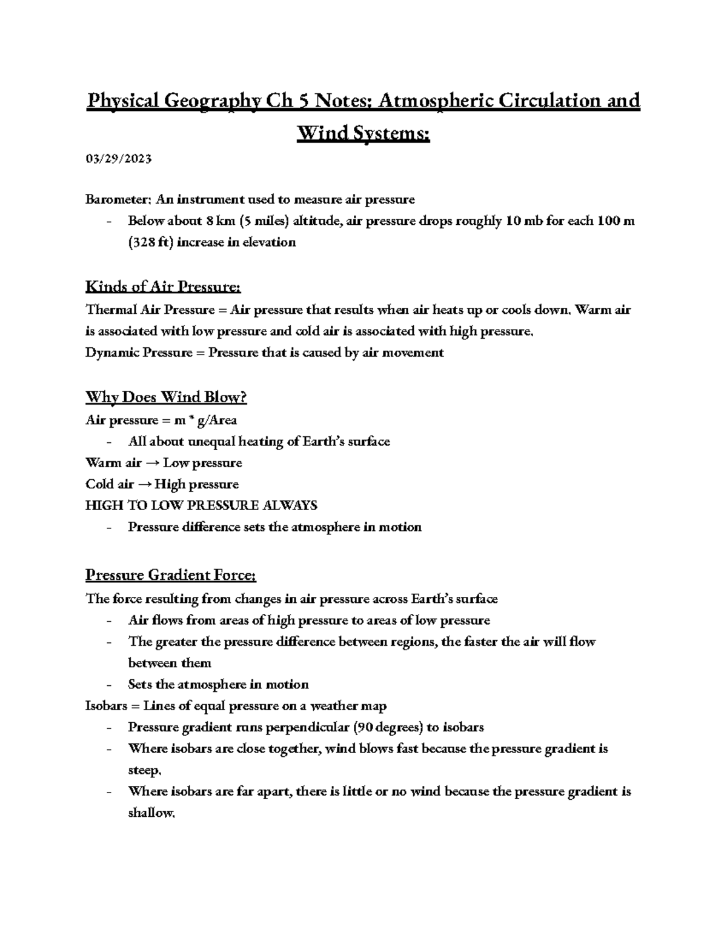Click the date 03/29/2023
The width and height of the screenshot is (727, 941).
[118, 159]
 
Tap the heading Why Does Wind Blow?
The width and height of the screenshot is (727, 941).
[166, 397]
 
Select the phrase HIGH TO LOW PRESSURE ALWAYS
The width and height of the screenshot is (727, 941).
[201, 505]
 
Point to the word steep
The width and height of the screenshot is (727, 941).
[144, 771]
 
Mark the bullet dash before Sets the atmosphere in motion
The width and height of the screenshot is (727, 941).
[108, 685]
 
